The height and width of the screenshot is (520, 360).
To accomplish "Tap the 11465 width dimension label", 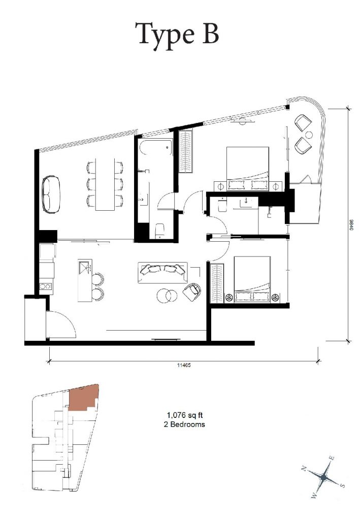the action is (x=184, y=365).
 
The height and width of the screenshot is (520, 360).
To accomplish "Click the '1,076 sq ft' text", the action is (x=184, y=415).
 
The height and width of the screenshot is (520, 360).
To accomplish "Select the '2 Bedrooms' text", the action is (x=184, y=424).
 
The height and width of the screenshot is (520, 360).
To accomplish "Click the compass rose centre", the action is (x=323, y=477).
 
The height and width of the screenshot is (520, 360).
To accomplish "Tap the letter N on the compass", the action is (x=304, y=468).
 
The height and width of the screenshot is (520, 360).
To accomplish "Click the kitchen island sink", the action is (x=85, y=266).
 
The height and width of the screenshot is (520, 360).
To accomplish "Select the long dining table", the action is (x=105, y=184).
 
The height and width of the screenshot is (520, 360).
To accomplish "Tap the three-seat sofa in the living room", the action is (x=162, y=273).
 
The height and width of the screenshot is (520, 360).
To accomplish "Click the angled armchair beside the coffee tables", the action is (x=192, y=291).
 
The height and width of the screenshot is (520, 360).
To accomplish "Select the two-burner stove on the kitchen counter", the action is (x=46, y=286).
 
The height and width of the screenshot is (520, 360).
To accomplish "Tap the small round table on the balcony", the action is (x=309, y=135).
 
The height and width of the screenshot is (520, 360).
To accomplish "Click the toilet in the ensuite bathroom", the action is (x=222, y=205).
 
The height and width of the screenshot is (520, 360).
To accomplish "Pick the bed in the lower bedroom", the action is (x=252, y=279).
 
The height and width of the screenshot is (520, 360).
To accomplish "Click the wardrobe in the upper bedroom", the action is (x=186, y=151).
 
